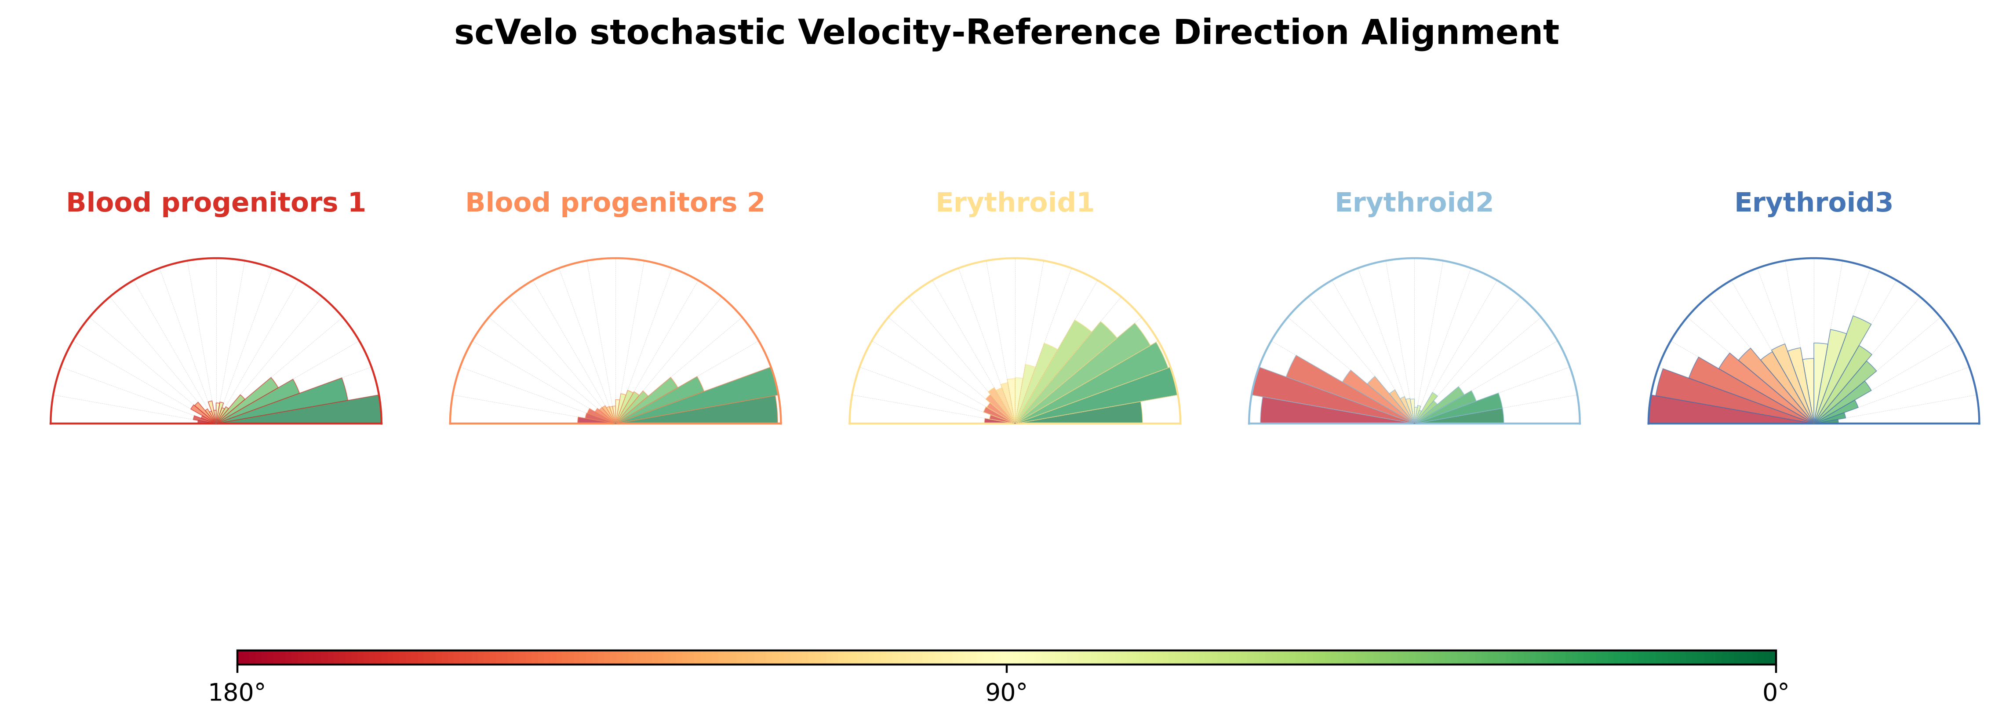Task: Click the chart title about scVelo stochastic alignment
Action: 1007,33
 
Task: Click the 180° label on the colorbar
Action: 237,693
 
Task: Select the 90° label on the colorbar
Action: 1007,693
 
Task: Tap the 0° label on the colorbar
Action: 1776,693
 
